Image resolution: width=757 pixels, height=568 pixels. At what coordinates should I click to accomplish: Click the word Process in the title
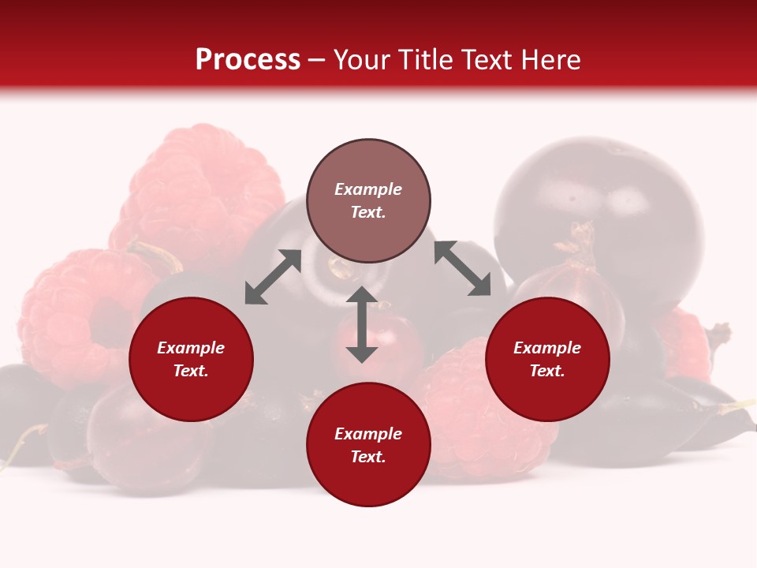[248, 60]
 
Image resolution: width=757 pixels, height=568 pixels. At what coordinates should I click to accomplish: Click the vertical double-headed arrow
[362, 325]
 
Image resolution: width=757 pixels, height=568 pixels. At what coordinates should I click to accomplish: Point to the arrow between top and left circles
[273, 277]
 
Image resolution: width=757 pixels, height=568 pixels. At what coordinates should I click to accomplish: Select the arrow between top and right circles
[462, 268]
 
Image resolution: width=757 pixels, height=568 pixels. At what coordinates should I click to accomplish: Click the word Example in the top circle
[368, 189]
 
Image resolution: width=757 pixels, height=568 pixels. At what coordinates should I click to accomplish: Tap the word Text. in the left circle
[191, 371]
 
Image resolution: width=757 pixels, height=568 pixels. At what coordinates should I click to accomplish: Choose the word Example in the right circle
[547, 348]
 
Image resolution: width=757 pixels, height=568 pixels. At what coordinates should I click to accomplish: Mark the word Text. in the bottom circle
[368, 457]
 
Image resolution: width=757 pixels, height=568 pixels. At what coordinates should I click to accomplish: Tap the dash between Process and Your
[317, 61]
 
